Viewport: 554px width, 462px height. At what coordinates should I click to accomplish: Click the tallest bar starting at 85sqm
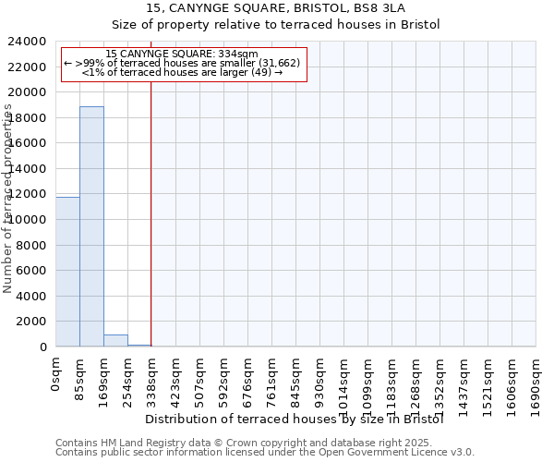(x=91, y=226)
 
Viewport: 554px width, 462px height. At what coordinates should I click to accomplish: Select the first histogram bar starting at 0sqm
(x=67, y=272)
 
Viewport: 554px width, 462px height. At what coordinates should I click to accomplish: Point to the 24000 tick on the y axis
(x=30, y=42)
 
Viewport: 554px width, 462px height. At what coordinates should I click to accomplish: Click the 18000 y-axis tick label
(x=30, y=118)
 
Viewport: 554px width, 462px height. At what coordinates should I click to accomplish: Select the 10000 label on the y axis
(x=30, y=220)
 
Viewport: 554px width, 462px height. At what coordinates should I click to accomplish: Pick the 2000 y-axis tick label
(x=33, y=322)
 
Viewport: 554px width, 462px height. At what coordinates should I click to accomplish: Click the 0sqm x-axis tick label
(x=56, y=373)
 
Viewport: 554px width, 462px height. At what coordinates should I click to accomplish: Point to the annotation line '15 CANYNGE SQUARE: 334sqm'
(x=182, y=54)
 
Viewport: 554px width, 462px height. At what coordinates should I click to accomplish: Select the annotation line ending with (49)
(x=182, y=72)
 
